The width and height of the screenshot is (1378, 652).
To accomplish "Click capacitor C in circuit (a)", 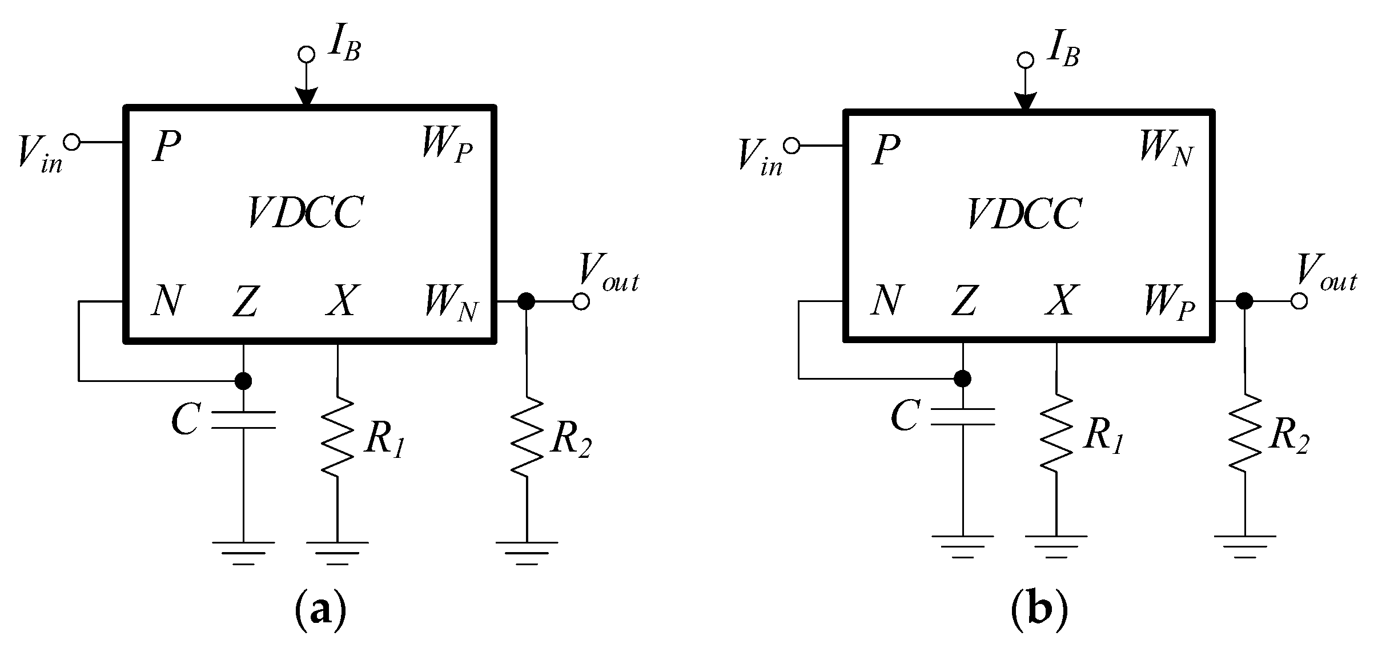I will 243,420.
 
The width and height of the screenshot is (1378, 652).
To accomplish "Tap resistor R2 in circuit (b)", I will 1244,433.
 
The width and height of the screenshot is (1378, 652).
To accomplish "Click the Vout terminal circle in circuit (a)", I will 581,301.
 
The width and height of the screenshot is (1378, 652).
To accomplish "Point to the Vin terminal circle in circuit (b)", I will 792,147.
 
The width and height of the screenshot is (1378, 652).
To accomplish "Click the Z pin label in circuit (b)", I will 964,301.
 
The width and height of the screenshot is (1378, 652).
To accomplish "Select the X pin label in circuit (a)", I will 342,301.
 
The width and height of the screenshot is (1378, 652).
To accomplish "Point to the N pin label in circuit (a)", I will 167,301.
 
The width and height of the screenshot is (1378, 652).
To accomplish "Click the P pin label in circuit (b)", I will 886,151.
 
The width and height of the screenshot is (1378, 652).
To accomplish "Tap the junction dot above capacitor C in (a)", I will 243,380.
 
